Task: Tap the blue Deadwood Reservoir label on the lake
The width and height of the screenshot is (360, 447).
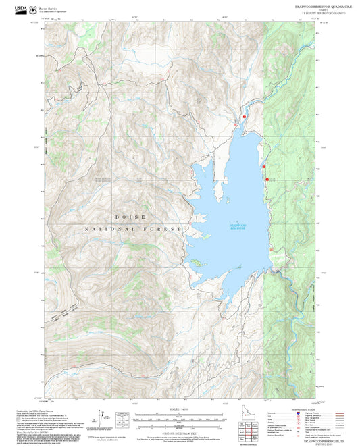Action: [x=238, y=226]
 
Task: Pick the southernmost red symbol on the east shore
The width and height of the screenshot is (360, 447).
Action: [x=267, y=179]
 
